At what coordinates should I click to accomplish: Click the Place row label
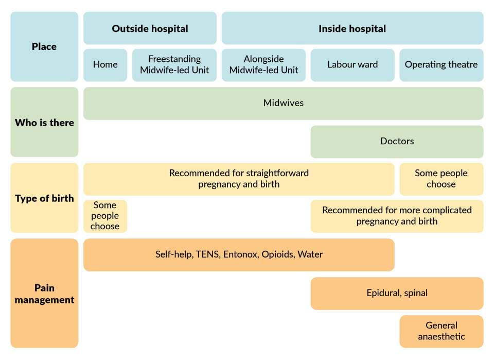pos(44,46)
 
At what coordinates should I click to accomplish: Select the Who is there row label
pos(44,123)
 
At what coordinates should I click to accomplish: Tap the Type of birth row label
pos(44,198)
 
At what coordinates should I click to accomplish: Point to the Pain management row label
pos(44,294)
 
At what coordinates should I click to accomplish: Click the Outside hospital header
pos(150,28)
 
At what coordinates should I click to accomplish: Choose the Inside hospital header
pos(352,28)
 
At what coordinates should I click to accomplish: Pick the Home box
pos(105,65)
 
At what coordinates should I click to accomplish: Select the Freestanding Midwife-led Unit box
pos(174,65)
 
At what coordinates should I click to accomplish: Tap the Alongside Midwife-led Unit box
pos(263,65)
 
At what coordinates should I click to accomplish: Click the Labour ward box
pos(352,65)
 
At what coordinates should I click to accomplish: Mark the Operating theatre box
pos(441,65)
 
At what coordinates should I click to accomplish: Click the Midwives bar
pos(283,103)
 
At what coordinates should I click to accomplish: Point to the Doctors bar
pos(397,141)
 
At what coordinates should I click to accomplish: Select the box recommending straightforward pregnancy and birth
pos(239,179)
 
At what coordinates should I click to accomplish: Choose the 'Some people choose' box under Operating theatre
pos(441,179)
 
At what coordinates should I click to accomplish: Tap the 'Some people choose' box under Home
pos(105,216)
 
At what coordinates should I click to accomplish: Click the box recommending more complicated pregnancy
pos(397,216)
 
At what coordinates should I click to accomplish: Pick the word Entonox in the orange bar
pos(241,254)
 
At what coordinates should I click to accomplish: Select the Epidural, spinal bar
pos(397,293)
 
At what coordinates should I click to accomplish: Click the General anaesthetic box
pos(441,331)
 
